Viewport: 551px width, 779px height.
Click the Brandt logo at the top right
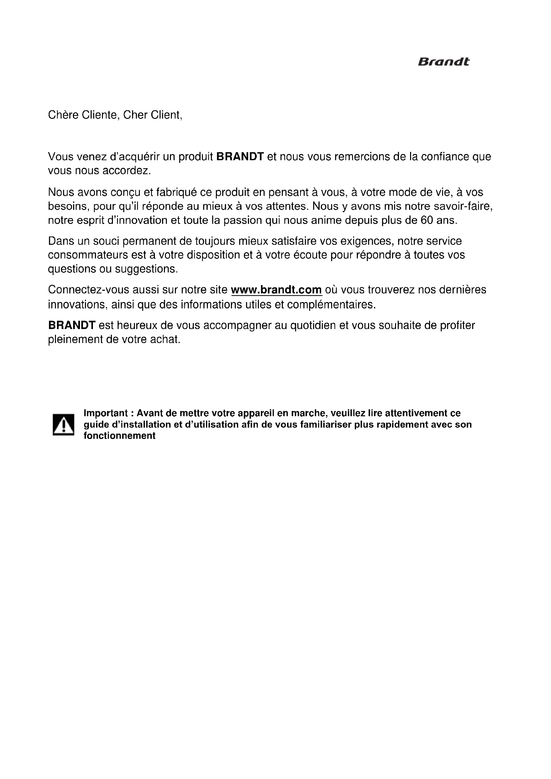coord(443,62)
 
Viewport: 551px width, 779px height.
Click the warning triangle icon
coord(63,424)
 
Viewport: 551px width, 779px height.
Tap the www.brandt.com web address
coord(276,290)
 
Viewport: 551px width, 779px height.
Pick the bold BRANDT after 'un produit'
coord(240,157)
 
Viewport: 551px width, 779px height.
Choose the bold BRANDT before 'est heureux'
coord(72,325)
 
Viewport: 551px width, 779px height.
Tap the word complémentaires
coord(331,305)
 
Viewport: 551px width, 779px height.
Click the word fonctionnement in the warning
coord(120,436)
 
